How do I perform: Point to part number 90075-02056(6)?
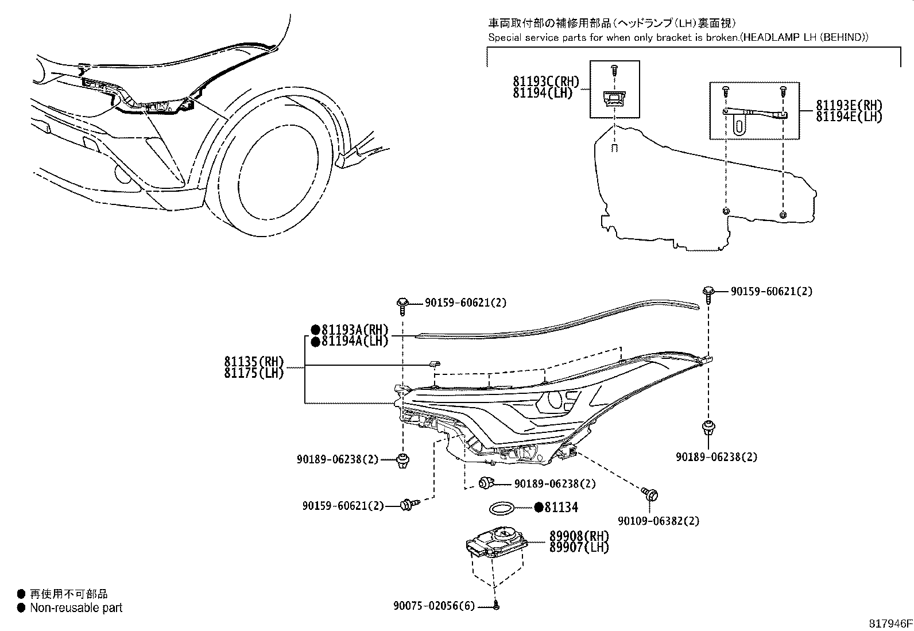pyautogui.click(x=434, y=606)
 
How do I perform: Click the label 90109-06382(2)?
pyautogui.click(x=659, y=521)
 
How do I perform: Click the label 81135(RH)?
pyautogui.click(x=254, y=362)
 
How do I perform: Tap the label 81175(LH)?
pyautogui.click(x=254, y=373)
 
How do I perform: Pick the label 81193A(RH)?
pyautogui.click(x=354, y=330)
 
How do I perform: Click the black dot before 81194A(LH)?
pyautogui.click(x=315, y=342)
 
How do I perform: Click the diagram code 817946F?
pyautogui.click(x=889, y=623)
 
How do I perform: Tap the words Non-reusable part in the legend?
pyautogui.click(x=76, y=607)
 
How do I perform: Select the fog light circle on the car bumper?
pyautogui.click(x=122, y=174)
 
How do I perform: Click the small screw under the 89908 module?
pyautogui.click(x=496, y=605)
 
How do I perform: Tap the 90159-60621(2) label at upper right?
pyautogui.click(x=772, y=291)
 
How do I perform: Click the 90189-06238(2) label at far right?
pyautogui.click(x=717, y=457)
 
